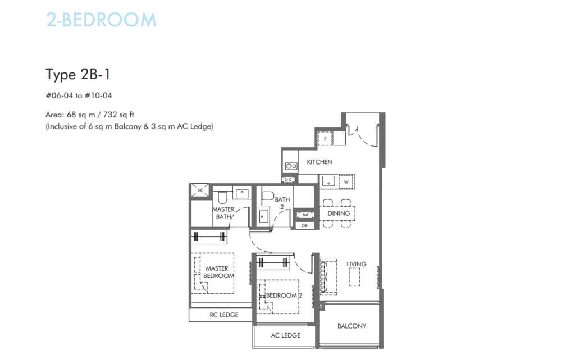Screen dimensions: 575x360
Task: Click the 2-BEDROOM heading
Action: tap(101, 20)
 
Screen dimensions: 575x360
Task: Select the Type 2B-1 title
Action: tap(77, 75)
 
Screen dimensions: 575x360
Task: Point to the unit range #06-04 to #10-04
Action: tap(79, 95)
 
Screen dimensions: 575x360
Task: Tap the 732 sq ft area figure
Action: tap(118, 115)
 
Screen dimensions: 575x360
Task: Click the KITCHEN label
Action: tap(320, 162)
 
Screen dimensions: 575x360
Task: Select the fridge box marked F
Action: tap(325, 139)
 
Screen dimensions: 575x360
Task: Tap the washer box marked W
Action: tap(346, 182)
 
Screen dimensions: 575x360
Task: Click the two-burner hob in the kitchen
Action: tap(291, 166)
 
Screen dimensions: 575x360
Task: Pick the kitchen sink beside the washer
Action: tap(328, 181)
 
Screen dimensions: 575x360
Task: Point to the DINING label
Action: tap(339, 213)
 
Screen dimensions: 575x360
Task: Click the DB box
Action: tap(304, 225)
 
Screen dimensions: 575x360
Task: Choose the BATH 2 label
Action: tap(282, 203)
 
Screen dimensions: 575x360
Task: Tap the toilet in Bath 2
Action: tap(267, 195)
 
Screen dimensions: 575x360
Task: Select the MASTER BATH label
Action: tap(223, 213)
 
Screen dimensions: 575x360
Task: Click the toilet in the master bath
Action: tap(222, 197)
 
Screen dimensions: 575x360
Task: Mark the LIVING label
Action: tap(356, 264)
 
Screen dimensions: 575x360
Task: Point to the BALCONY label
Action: tap(352, 326)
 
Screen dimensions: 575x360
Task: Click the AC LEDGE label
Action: tap(286, 335)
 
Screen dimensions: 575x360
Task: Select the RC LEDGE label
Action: tap(224, 315)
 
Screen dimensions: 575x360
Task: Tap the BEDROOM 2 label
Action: tap(284, 295)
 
